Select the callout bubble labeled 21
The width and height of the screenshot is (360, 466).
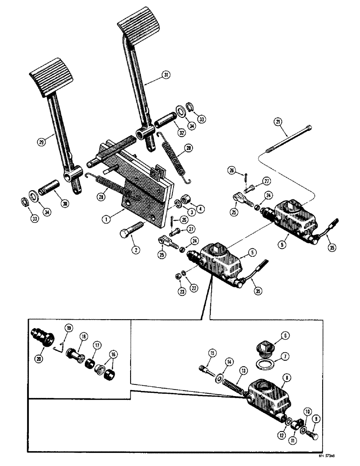277,122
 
